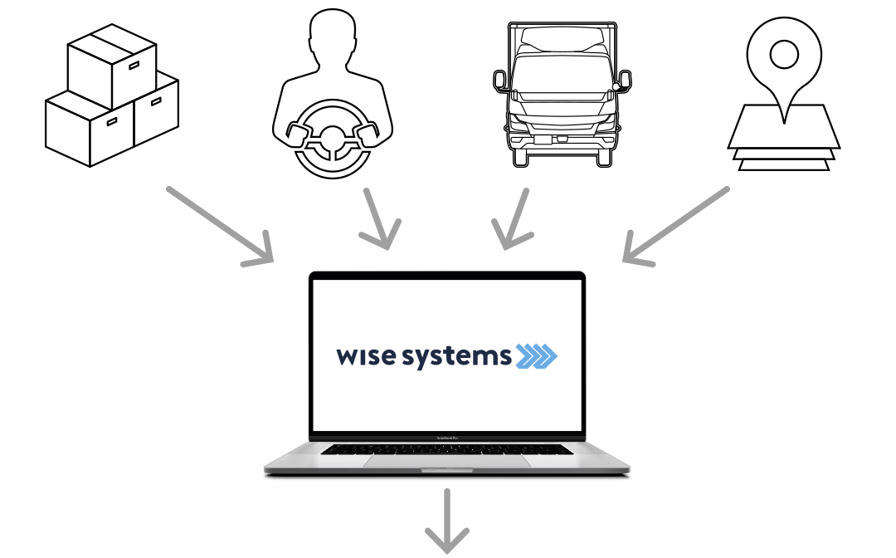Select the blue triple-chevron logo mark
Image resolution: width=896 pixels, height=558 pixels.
click(536, 356)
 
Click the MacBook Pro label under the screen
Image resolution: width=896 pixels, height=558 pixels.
click(447, 437)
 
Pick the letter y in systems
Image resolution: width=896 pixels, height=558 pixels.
click(429, 360)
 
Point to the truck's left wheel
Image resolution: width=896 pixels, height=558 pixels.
click(520, 157)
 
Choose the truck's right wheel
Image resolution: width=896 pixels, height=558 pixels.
click(604, 157)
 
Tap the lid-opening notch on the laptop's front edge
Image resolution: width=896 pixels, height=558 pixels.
click(447, 470)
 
